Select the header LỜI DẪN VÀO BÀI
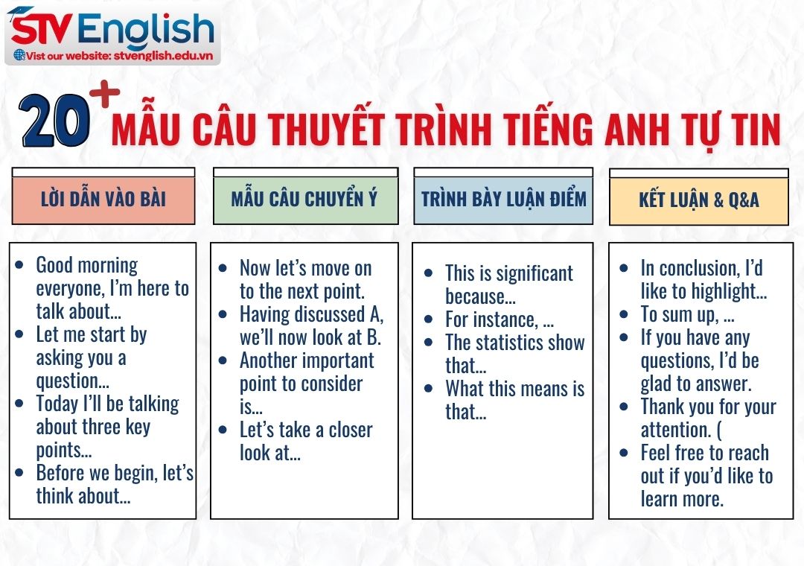tap(103, 199)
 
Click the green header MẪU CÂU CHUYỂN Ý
tap(304, 199)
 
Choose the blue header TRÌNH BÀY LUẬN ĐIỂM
tap(503, 199)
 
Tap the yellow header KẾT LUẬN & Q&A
tap(699, 200)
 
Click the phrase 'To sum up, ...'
tap(689, 314)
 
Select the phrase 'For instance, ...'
tap(500, 319)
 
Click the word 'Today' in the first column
tap(57, 404)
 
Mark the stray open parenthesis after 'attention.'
tap(719, 430)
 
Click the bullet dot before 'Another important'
tap(223, 360)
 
